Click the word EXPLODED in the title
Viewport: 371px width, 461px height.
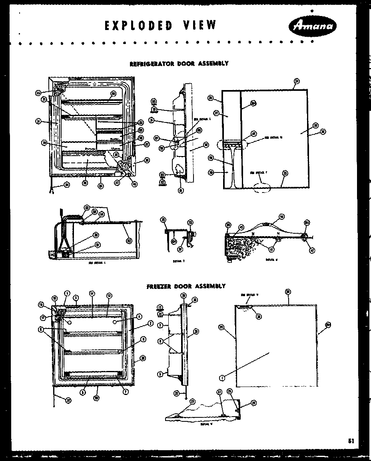click(x=139, y=26)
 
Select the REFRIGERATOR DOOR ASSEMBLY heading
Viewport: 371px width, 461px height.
click(x=179, y=63)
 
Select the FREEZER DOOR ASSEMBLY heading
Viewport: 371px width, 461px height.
click(x=185, y=286)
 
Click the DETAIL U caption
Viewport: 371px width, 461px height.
click(x=271, y=259)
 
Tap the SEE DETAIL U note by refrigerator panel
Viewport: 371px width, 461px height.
click(x=273, y=137)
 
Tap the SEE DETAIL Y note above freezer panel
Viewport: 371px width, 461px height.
click(x=250, y=295)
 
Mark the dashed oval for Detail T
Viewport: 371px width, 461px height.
click(x=261, y=187)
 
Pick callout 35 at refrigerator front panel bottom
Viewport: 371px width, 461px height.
click(x=285, y=173)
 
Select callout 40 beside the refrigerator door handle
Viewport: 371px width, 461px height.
click(x=211, y=158)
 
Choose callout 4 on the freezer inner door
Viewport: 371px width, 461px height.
click(x=139, y=317)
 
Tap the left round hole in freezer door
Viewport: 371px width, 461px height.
click(x=70, y=321)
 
